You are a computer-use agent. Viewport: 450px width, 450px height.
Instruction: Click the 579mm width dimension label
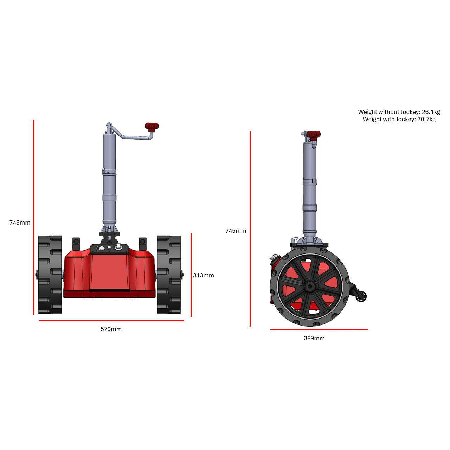[111, 329]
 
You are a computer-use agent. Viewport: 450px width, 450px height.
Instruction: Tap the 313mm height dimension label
[204, 275]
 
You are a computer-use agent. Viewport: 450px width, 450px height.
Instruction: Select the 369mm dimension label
[314, 338]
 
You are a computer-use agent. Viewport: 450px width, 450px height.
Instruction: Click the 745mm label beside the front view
[20, 223]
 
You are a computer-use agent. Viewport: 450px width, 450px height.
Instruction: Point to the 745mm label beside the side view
[236, 231]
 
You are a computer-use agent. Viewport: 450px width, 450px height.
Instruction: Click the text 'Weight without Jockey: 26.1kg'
[399, 112]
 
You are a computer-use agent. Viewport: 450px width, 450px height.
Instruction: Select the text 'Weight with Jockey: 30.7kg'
[399, 119]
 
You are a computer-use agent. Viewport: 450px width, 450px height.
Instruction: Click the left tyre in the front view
[50, 275]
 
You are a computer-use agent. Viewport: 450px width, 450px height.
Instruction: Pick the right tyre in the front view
[169, 275]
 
